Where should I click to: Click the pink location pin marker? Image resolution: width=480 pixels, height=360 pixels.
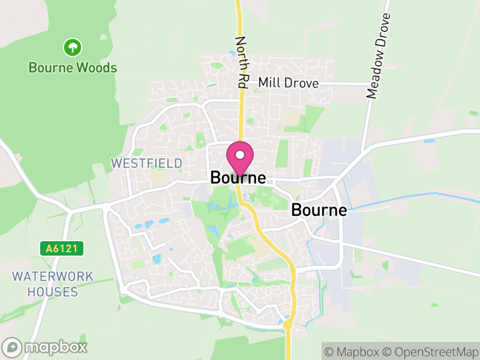coord(239,158)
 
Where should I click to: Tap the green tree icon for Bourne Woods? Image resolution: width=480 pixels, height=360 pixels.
coord(73,47)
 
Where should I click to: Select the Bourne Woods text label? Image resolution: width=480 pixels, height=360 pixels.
coord(73,68)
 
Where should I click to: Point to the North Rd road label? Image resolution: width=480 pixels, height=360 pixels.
coord(242,63)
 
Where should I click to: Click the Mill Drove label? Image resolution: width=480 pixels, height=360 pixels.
coord(288,83)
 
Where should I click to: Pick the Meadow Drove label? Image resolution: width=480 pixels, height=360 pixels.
coord(379,56)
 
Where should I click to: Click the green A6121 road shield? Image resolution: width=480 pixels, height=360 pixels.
coord(61,248)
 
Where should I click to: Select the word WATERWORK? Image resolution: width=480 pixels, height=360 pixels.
coord(53,277)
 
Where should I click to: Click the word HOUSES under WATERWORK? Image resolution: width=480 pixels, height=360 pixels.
coord(53,292)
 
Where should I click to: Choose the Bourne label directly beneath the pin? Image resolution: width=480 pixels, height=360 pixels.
coord(238,178)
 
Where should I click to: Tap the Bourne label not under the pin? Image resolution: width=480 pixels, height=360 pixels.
coord(319,210)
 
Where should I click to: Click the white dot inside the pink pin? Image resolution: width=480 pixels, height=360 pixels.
coord(239,154)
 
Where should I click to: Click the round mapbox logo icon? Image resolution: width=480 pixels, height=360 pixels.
coord(12,347)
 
